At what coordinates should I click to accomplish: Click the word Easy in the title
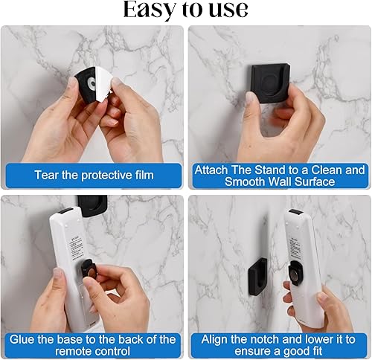(x=149, y=10)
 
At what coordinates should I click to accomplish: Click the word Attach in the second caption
(x=211, y=170)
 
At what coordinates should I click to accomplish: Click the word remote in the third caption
(x=74, y=351)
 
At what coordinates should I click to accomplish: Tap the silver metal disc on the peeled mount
(x=92, y=83)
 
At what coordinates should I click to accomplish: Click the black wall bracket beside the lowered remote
(x=258, y=277)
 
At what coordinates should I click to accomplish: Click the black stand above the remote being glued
(x=92, y=205)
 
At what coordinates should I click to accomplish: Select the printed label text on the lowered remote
(x=295, y=248)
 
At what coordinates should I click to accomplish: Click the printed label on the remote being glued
(x=75, y=245)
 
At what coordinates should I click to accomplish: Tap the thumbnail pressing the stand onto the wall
(x=251, y=97)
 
